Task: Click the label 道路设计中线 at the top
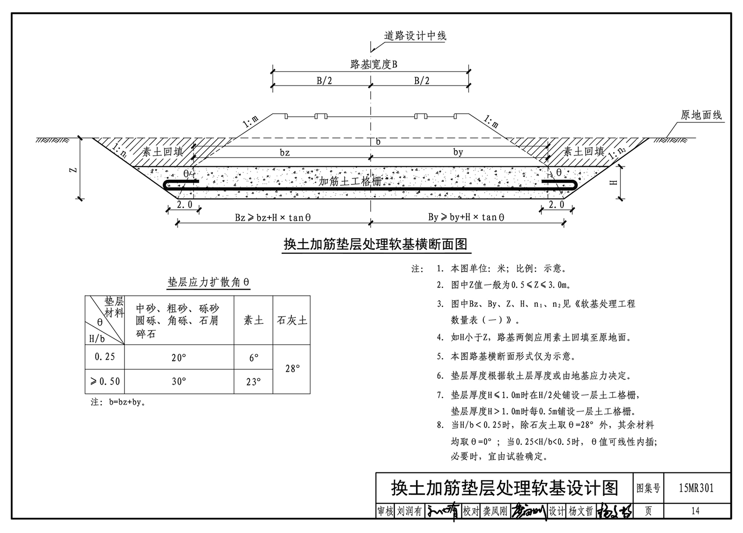415,36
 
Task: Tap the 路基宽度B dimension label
373,65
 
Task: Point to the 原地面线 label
701,115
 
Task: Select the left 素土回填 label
163,151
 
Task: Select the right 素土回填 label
584,151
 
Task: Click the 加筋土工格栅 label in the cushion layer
350,181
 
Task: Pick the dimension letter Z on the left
73,170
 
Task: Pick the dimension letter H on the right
613,183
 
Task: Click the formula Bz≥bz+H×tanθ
273,217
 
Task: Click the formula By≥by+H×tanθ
466,217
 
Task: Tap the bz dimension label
285,152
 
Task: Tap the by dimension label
458,152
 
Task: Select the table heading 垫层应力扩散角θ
209,282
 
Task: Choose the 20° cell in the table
179,357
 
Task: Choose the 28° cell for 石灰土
292,368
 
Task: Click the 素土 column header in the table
253,320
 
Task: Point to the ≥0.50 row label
105,382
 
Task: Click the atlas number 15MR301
696,488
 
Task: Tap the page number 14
695,511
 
